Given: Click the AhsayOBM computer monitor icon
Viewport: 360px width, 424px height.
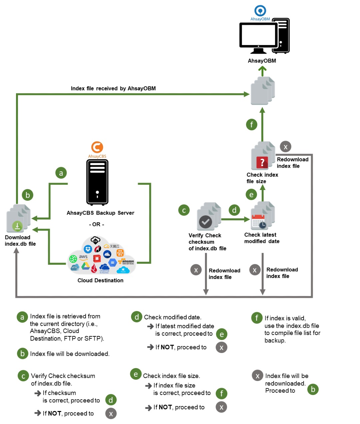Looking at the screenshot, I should coord(259,37).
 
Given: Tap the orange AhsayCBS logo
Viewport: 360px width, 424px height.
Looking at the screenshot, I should coord(97,147).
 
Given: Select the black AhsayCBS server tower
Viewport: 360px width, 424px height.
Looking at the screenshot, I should coord(97,182).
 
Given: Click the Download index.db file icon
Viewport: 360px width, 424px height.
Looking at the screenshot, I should coord(18,219).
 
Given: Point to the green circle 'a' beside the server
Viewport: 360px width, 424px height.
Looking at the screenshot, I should coord(61,173).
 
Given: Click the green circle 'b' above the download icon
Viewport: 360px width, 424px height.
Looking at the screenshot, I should coord(28,195).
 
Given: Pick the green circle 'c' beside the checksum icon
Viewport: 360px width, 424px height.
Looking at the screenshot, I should coord(184,210).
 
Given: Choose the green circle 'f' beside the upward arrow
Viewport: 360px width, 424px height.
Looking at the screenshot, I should coord(252,125).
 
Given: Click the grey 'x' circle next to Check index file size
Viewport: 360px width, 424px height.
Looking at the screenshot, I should coord(285,146).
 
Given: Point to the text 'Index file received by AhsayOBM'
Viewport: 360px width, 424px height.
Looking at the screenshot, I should coord(113,88).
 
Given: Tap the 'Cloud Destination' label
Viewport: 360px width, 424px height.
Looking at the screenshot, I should coord(100,280).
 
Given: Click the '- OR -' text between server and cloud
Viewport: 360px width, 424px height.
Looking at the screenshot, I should coord(97,224).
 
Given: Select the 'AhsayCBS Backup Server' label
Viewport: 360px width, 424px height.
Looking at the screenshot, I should coord(100,213).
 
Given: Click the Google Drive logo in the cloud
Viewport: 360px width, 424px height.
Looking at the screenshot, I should coord(85,266).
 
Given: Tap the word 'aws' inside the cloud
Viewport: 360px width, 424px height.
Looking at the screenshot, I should coord(83,257).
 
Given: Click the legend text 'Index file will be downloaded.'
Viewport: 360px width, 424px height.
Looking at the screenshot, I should coord(70,354).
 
